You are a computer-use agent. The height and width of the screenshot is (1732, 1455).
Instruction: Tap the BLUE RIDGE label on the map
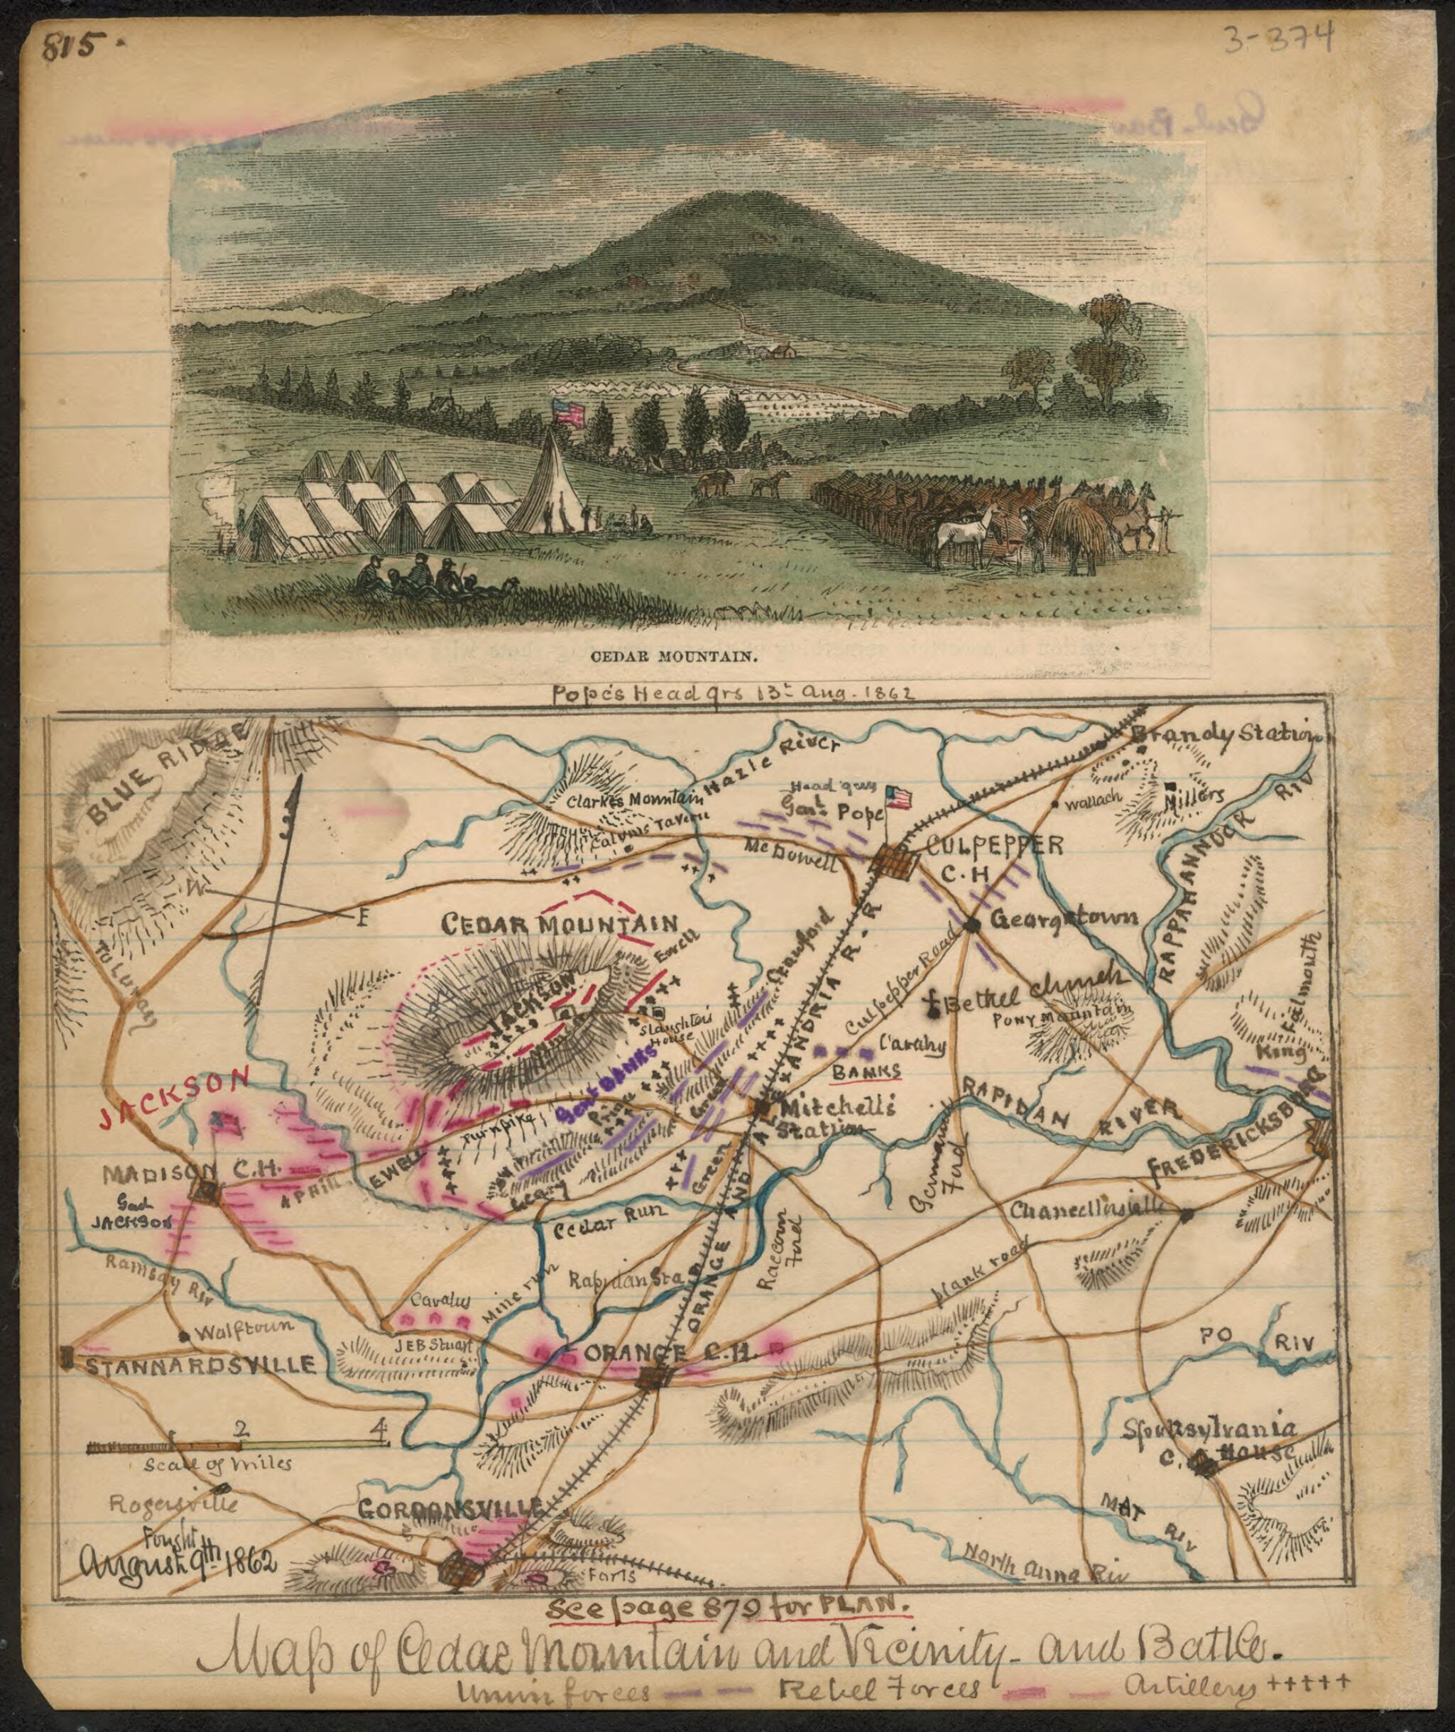tap(165, 778)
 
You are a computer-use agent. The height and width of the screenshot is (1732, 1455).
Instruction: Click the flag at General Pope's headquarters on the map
tap(899, 797)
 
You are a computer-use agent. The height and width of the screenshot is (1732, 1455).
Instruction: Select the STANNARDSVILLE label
tap(200, 1364)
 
